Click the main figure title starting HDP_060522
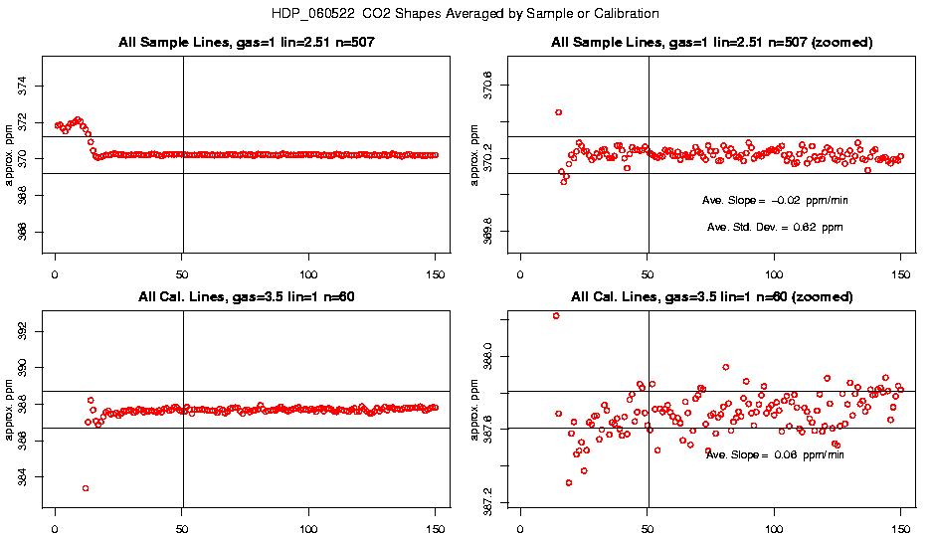[x=465, y=14]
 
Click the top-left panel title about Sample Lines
[x=244, y=43]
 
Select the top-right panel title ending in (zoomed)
[x=712, y=43]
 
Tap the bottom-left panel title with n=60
[x=244, y=297]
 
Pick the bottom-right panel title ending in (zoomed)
[x=712, y=297]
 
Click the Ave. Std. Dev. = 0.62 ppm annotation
[x=775, y=228]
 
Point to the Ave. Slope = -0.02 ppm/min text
[x=775, y=200]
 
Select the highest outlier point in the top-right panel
[x=559, y=112]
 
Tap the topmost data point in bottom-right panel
[x=556, y=316]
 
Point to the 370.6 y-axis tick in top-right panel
[x=488, y=87]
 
